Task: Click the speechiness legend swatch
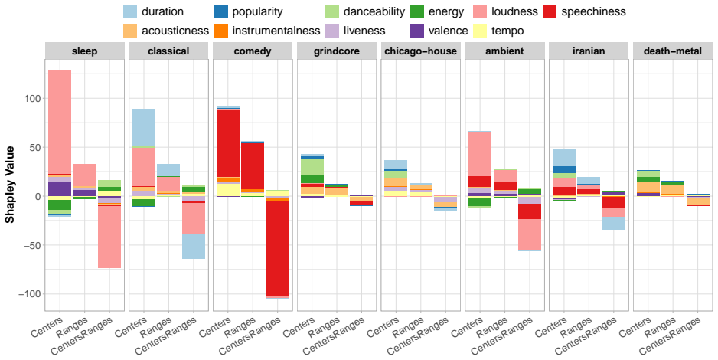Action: pos(550,11)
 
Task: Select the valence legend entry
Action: pos(439,31)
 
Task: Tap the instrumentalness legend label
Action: pos(276,31)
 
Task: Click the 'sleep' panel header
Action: pos(85,51)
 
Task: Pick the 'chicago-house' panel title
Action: pos(421,51)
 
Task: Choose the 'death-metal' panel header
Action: pos(673,51)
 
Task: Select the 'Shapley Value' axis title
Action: pos(10,185)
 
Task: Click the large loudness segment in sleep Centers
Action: pos(60,123)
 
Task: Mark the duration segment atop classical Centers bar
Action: pos(144,128)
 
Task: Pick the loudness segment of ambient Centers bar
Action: pos(480,154)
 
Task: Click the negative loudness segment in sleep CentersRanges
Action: pos(109,237)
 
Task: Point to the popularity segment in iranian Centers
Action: pos(564,169)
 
